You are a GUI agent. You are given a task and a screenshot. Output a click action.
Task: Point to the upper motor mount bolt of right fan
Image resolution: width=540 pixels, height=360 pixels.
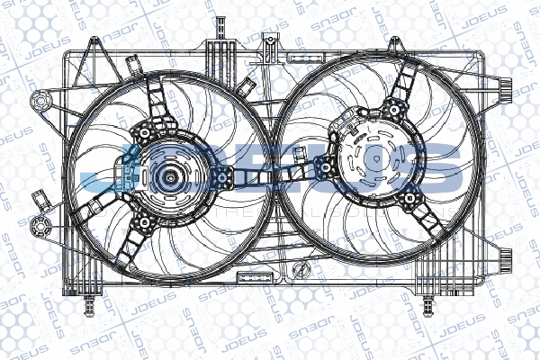391,109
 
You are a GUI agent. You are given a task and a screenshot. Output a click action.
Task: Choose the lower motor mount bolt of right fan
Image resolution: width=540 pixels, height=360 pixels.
409,198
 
